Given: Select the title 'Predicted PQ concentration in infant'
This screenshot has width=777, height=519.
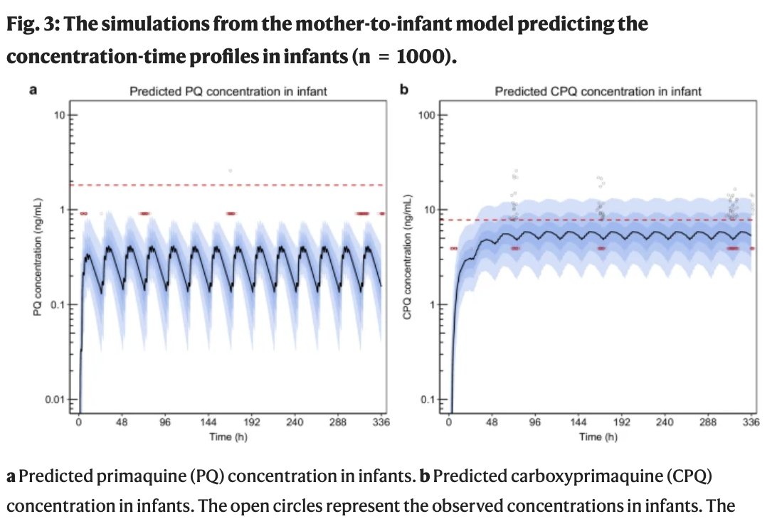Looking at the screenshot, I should click(228, 91).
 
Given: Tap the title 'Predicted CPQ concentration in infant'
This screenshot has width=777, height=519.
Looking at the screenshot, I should click(598, 91).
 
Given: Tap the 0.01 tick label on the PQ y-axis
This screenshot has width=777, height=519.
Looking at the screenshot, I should click(56, 400).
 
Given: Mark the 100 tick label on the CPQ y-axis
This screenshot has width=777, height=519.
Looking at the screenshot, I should click(426, 115).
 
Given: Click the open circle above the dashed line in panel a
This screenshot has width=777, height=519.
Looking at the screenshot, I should click(230, 171).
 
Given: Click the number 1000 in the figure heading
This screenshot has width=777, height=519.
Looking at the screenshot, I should click(415, 56).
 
